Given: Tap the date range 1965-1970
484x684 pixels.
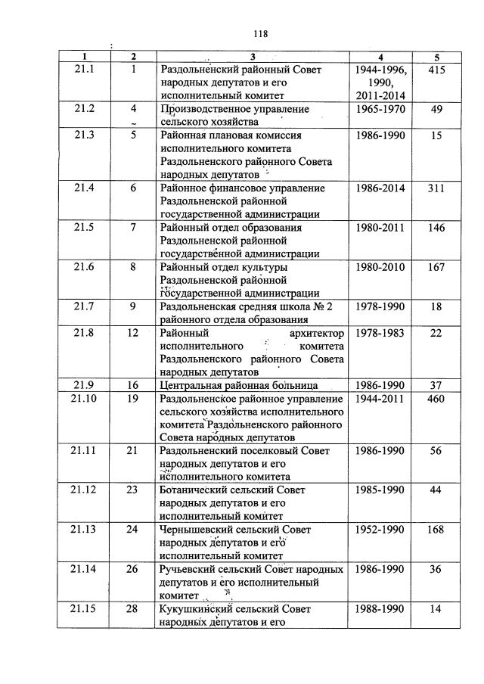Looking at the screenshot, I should (380, 109).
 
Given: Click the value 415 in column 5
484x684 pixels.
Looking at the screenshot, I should (436, 70).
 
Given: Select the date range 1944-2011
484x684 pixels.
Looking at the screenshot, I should (380, 398).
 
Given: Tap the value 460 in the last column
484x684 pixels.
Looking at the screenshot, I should (436, 398).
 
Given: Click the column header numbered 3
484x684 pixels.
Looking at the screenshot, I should (253, 57).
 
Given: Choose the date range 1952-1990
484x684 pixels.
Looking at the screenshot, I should (380, 529).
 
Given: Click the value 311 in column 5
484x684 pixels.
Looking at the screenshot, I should (436, 188).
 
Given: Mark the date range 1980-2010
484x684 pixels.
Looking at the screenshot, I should (380, 266).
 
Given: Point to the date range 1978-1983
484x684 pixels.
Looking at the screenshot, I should (380, 333).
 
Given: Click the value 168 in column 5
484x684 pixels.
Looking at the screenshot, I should (436, 529).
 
